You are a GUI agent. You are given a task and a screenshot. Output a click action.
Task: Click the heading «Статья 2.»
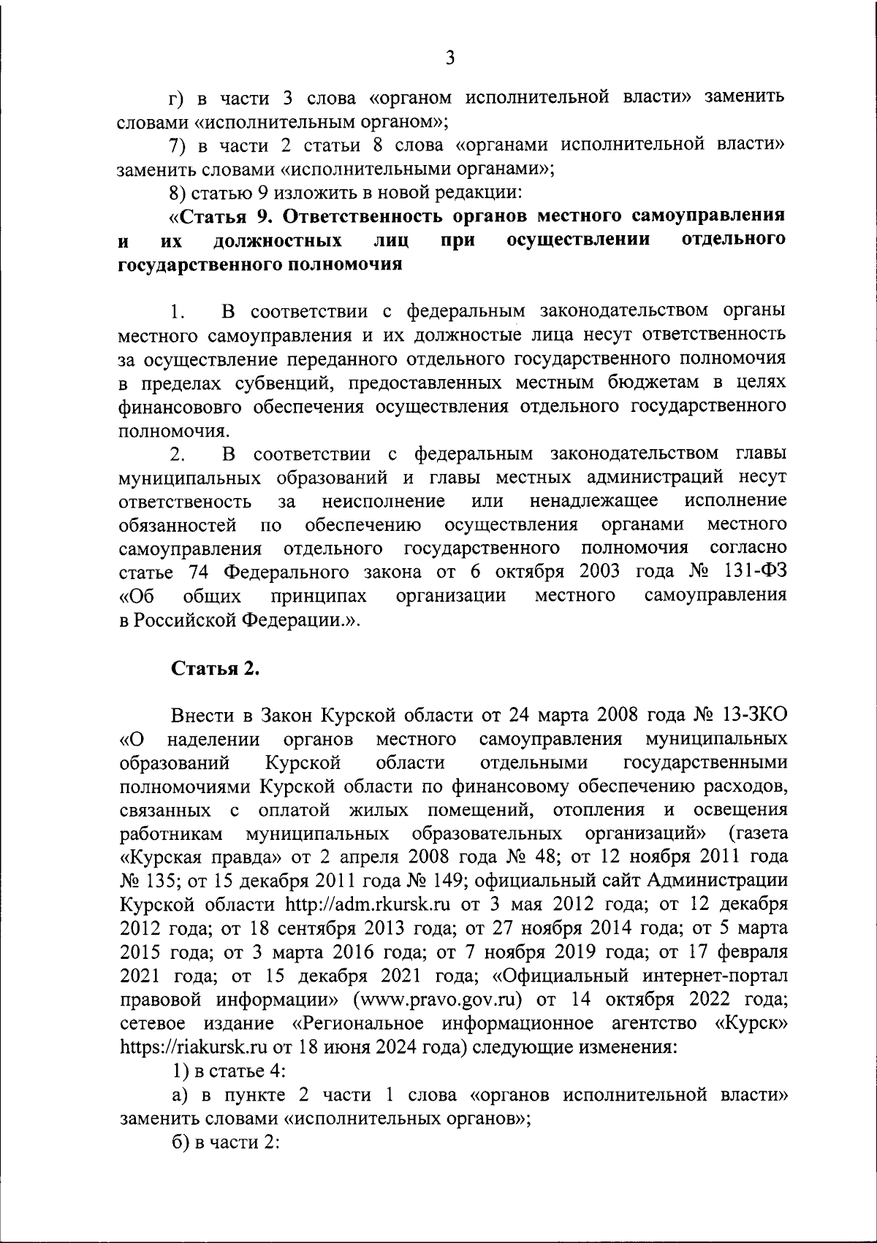click(x=216, y=670)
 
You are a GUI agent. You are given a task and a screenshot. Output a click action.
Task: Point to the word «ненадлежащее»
click(x=593, y=501)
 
